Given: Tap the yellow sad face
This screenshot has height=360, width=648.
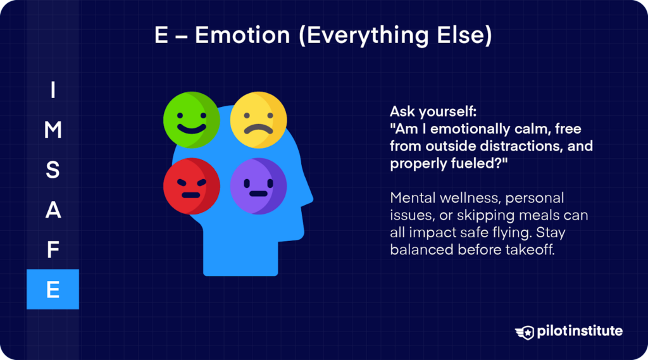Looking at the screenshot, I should tap(258, 120).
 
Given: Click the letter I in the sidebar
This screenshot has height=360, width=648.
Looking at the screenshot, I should tap(53, 91).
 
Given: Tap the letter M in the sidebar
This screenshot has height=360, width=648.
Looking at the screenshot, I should tap(53, 130).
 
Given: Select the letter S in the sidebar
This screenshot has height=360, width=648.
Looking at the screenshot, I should tap(53, 170).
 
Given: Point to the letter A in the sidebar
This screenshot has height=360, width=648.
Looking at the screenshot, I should tap(53, 210).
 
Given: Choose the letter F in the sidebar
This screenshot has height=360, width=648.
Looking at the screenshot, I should tap(53, 250).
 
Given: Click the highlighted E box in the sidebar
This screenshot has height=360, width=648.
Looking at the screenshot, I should tap(53, 289).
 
